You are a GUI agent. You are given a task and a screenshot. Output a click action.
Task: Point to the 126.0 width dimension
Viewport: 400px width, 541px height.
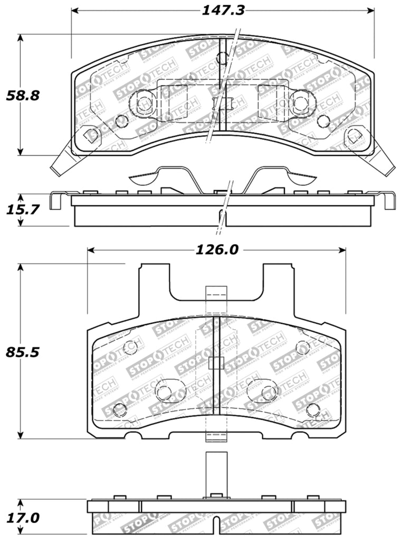click(217, 249)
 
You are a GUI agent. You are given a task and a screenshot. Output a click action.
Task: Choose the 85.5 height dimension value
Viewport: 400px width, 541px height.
click(23, 352)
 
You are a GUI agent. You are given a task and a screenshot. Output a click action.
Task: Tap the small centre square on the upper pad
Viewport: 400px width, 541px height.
click(226, 103)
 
